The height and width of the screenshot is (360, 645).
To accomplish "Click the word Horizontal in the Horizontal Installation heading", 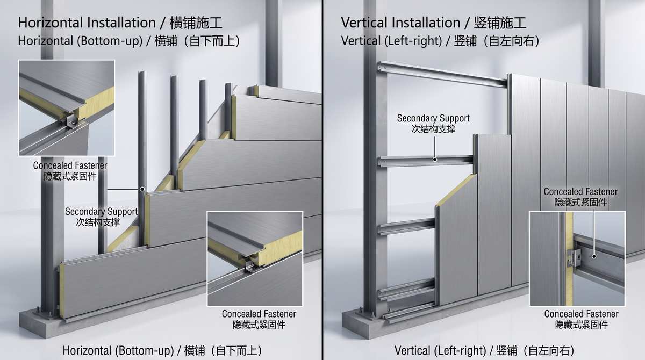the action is (51, 23).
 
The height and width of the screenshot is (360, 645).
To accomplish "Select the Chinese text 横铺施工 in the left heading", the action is (196, 23).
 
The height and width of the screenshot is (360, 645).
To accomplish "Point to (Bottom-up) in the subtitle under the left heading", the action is (110, 41).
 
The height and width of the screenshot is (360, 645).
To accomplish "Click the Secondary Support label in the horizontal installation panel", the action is (101, 217).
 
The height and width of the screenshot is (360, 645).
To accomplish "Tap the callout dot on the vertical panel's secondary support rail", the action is (435, 160).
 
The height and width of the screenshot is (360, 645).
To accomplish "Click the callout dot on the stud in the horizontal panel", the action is (142, 189).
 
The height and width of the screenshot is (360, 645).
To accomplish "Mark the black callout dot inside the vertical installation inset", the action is (594, 256).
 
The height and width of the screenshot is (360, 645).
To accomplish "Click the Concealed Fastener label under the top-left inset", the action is (70, 171).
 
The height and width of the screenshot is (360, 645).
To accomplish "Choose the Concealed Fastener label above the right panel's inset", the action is (580, 197).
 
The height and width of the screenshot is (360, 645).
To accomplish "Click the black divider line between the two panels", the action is (322, 180).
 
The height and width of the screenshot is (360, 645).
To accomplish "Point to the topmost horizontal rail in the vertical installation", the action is (442, 74).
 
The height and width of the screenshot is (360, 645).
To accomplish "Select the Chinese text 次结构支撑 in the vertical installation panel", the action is (433, 129).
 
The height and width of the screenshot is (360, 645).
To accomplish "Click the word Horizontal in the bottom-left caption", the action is (87, 350).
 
